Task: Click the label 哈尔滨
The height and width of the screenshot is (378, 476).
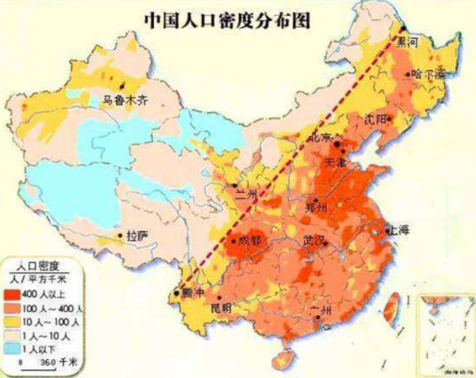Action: tap(428, 74)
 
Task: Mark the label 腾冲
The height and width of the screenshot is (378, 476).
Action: tap(196, 291)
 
